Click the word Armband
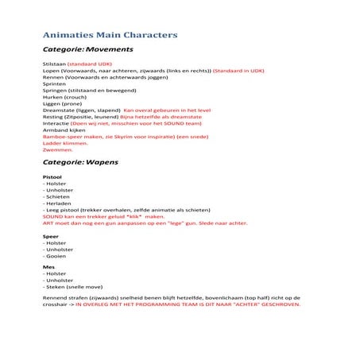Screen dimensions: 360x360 pos(56,130)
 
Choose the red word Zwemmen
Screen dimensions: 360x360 pos(56,149)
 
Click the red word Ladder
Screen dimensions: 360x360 pos(52,143)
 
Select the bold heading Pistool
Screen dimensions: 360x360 pos(52,177)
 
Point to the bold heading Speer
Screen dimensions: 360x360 pos(50,236)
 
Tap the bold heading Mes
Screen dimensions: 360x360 pos(48,266)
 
